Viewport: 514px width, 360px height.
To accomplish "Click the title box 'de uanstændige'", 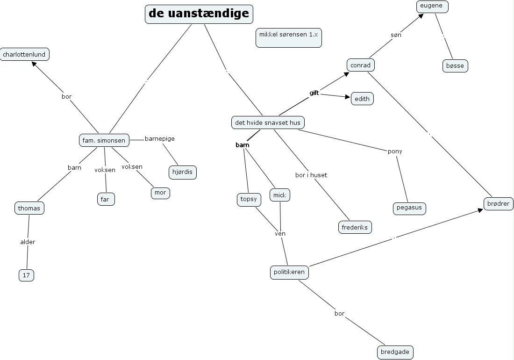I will click(x=199, y=14).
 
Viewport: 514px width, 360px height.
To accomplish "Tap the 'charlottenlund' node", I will click(x=24, y=55).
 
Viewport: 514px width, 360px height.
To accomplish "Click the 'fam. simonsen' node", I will click(x=104, y=140).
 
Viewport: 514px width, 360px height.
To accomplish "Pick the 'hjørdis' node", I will click(x=182, y=172).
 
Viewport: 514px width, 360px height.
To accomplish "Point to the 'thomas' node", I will click(x=29, y=208).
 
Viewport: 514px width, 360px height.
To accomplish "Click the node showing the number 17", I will click(x=26, y=275).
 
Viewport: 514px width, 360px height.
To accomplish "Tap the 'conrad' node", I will click(x=360, y=65).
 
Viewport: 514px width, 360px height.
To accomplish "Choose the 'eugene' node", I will click(x=432, y=6).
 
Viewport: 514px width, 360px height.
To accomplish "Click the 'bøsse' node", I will click(x=455, y=66).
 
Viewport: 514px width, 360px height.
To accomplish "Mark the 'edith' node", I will click(x=362, y=99).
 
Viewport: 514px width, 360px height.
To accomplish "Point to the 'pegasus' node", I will click(x=409, y=208).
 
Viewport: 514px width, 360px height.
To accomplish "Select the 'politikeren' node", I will click(x=289, y=272).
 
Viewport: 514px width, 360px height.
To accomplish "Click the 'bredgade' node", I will click(x=395, y=352).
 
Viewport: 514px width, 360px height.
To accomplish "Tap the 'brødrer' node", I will click(x=499, y=204).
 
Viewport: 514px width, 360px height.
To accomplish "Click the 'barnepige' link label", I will click(x=159, y=139).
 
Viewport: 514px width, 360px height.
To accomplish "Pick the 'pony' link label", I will click(x=395, y=151).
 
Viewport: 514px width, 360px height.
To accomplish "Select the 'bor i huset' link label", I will click(x=311, y=175).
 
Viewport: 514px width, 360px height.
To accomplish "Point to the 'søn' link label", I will click(x=396, y=35).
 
